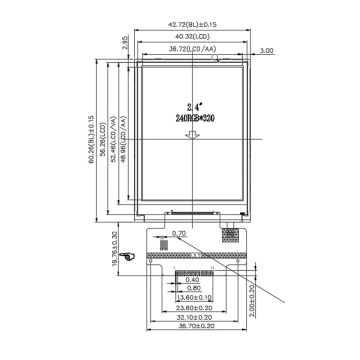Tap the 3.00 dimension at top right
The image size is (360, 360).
click(x=266, y=49)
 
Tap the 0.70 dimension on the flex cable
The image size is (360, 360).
click(x=179, y=234)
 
